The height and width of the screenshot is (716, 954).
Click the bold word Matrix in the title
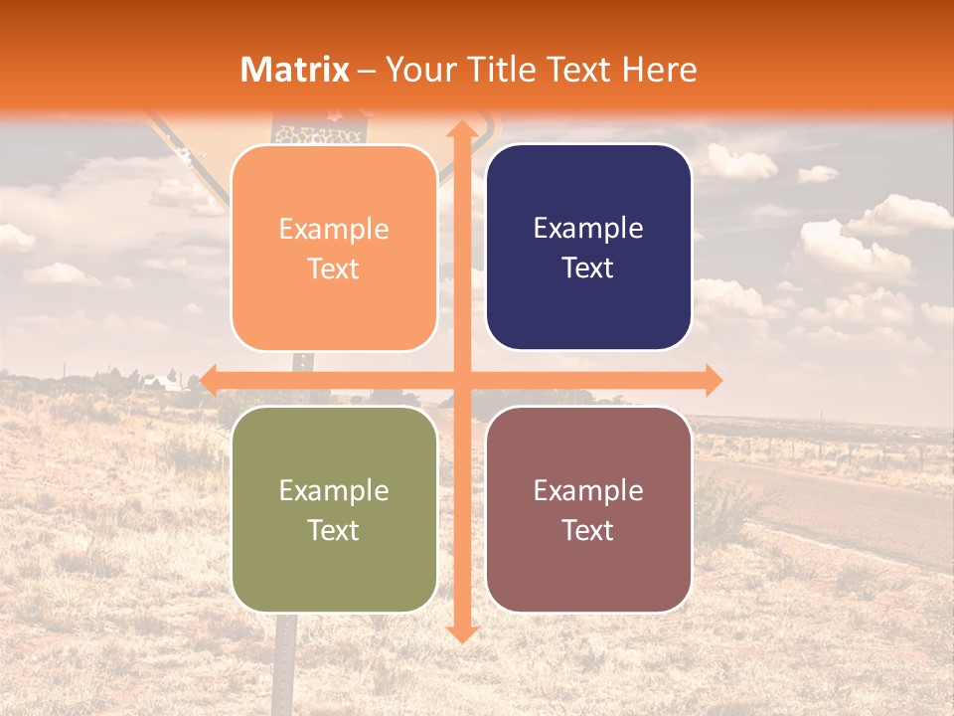[x=295, y=70]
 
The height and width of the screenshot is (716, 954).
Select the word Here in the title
[x=659, y=70]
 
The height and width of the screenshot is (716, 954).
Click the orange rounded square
[x=334, y=248]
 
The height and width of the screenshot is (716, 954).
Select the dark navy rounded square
[x=588, y=248]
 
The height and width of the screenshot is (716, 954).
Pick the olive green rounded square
[x=334, y=509]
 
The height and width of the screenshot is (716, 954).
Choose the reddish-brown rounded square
[x=588, y=509]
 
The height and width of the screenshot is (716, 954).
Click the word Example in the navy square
[x=588, y=228]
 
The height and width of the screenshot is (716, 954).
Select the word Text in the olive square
[x=334, y=530]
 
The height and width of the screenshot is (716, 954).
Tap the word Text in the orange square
[x=334, y=268]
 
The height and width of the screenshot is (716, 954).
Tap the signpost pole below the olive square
[x=286, y=656]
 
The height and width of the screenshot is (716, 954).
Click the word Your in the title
[x=417, y=70]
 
